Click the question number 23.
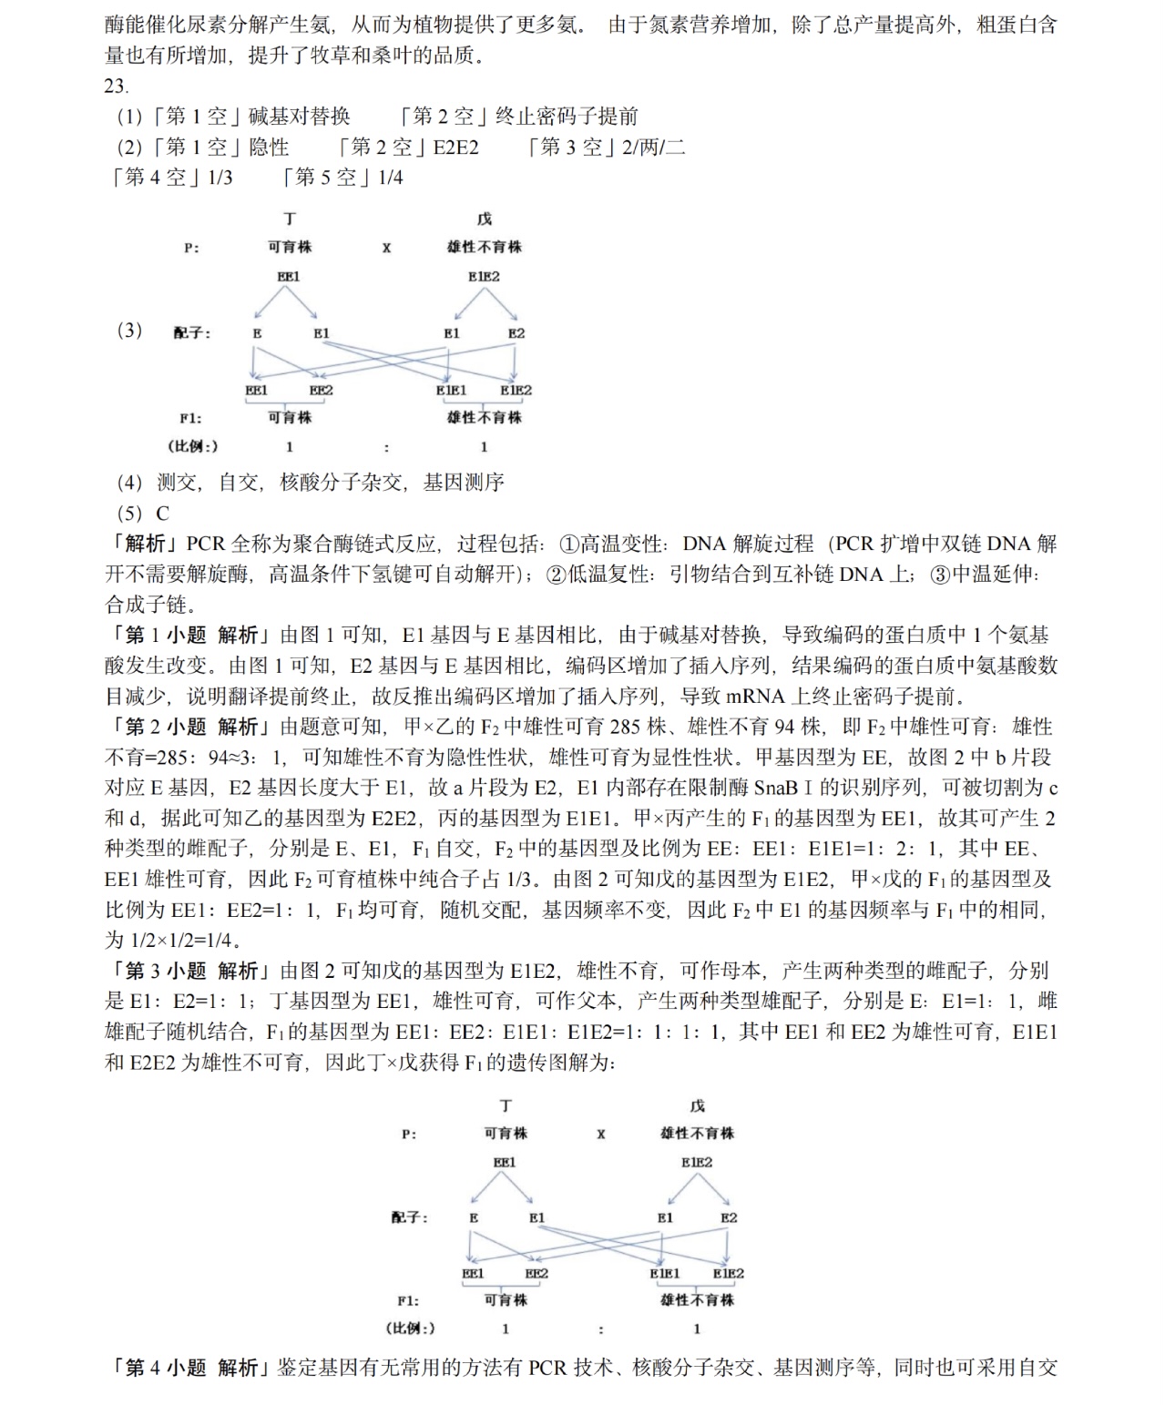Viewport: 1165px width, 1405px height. (116, 87)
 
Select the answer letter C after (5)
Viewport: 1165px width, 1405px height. (162, 513)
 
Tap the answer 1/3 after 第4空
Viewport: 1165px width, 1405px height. (220, 178)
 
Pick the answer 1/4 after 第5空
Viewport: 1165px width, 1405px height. (390, 178)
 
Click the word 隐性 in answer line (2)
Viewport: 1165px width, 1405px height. (269, 148)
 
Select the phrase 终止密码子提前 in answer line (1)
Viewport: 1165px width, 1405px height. (567, 117)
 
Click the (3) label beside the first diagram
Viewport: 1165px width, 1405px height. (129, 330)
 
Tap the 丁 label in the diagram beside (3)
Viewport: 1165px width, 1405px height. (290, 219)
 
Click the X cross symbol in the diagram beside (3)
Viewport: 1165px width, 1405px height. (386, 248)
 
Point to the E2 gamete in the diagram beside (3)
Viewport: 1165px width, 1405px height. (516, 333)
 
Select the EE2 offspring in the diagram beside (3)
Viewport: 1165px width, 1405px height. (321, 391)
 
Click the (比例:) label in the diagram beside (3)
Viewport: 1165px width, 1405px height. (193, 446)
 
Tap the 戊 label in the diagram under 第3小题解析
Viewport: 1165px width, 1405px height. (697, 1105)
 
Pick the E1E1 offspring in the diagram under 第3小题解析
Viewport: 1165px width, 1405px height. (664, 1274)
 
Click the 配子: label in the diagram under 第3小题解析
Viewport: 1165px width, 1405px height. (409, 1217)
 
